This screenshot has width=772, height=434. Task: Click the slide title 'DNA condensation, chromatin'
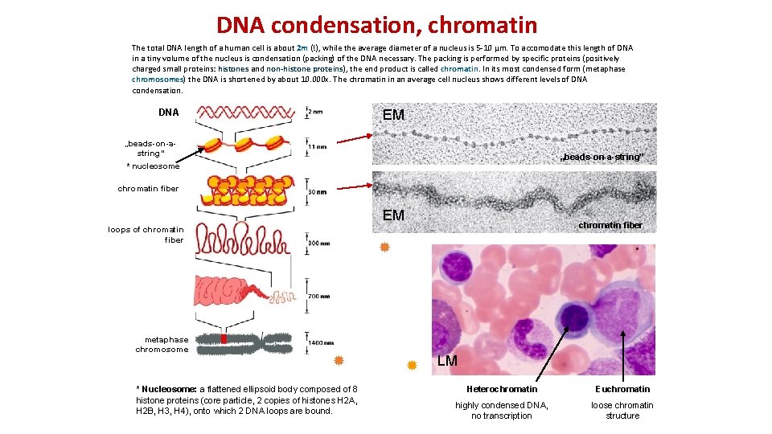pyautogui.click(x=376, y=26)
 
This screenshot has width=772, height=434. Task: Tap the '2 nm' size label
pyautogui.click(x=316, y=113)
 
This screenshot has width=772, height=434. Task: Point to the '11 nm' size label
pyautogui.click(x=317, y=147)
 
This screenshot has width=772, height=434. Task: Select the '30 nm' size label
pyautogui.click(x=317, y=192)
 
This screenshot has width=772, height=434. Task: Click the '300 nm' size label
pyautogui.click(x=319, y=242)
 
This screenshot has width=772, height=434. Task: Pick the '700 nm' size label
pyautogui.click(x=318, y=297)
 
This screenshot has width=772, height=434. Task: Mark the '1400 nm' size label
pyautogui.click(x=321, y=343)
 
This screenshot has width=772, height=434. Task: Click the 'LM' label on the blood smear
pyautogui.click(x=448, y=361)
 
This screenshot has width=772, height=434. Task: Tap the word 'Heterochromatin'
pyautogui.click(x=502, y=390)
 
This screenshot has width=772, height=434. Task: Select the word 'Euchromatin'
pyautogui.click(x=622, y=390)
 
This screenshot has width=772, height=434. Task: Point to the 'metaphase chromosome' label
pyautogui.click(x=163, y=345)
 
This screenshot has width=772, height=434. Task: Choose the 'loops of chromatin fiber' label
pyautogui.click(x=146, y=235)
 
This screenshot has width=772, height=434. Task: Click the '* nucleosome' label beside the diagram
pyautogui.click(x=153, y=166)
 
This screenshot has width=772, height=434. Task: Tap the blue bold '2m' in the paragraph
pyautogui.click(x=303, y=48)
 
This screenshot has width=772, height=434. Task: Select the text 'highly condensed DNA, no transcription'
pyautogui.click(x=502, y=411)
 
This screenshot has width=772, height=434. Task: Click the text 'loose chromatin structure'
pyautogui.click(x=622, y=411)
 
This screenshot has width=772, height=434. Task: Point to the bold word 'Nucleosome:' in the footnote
pyautogui.click(x=170, y=390)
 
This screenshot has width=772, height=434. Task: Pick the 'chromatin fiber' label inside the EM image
pyautogui.click(x=610, y=225)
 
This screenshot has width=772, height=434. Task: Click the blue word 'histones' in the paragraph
pyautogui.click(x=234, y=69)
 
